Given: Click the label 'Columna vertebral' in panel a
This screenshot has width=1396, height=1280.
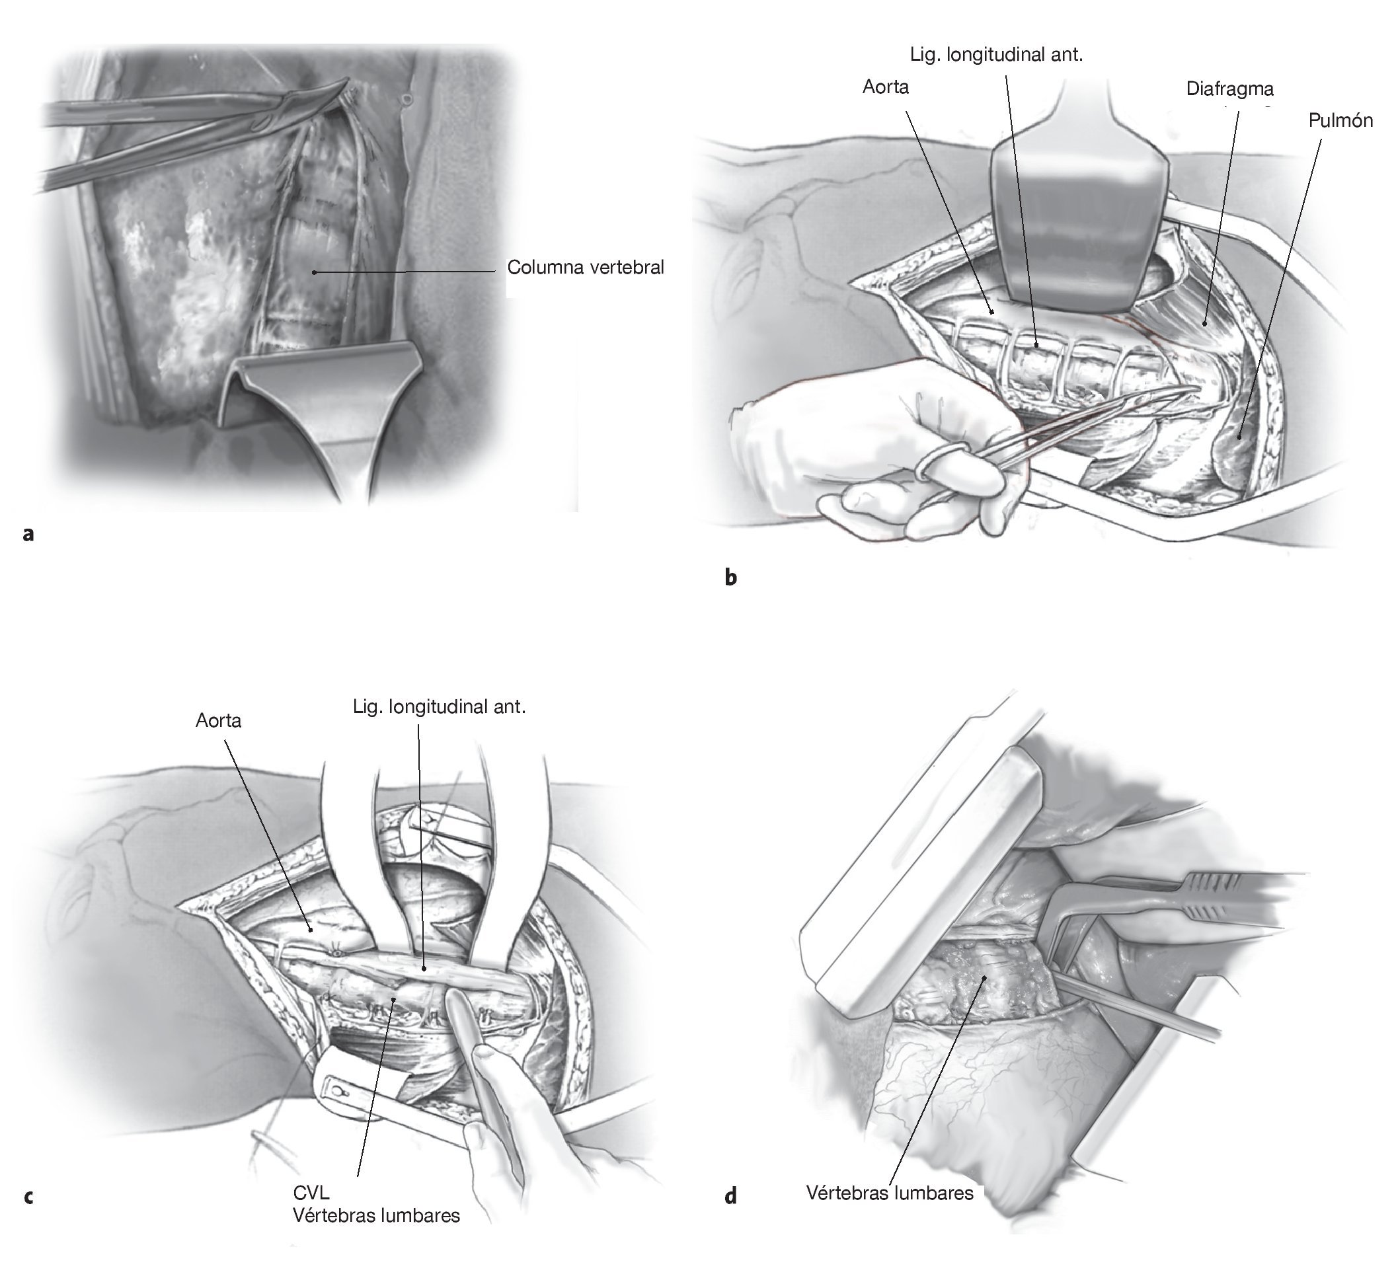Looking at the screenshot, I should pyautogui.click(x=585, y=268).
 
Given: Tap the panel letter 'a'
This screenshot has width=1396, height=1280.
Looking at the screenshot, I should pyautogui.click(x=28, y=533).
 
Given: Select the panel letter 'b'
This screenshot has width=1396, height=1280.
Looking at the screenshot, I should pyautogui.click(x=730, y=577).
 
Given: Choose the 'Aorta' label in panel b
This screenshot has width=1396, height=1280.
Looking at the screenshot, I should pyautogui.click(x=886, y=87).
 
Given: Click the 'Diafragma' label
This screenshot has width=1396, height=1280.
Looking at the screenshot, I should pyautogui.click(x=1229, y=89).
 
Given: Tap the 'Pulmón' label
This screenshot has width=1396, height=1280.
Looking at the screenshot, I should pyautogui.click(x=1340, y=120).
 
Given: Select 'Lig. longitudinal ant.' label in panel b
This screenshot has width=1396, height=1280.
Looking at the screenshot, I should pyautogui.click(x=996, y=55).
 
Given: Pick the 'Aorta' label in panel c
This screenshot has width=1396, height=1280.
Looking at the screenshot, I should pyautogui.click(x=218, y=720).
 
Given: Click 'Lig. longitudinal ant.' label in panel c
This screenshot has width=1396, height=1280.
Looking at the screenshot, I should pyautogui.click(x=440, y=707).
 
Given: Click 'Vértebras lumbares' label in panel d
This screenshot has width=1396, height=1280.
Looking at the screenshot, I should pyautogui.click(x=890, y=1193).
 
